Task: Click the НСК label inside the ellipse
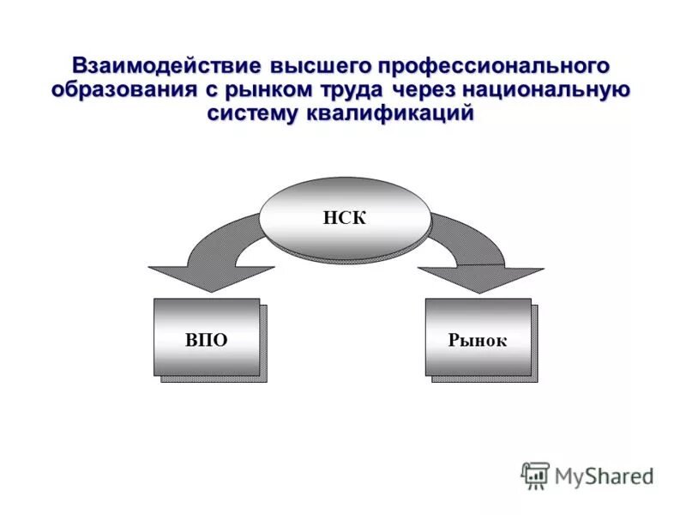click(x=345, y=217)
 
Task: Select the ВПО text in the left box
click(x=207, y=340)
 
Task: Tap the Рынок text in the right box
click(x=478, y=340)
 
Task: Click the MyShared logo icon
click(x=535, y=475)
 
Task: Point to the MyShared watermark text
click(x=604, y=475)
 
